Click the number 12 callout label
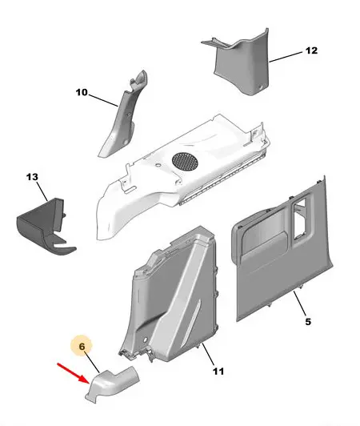pyautogui.click(x=311, y=50)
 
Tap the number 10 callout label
pyautogui.click(x=82, y=92)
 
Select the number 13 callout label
pyautogui.click(x=32, y=177)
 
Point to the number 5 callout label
pyautogui.click(x=308, y=322)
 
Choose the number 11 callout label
pyautogui.click(x=218, y=371)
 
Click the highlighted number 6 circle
pyautogui.click(x=82, y=347)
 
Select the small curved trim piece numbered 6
pyautogui.click(x=112, y=383)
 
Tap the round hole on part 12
pyautogui.click(x=261, y=87)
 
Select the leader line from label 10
pyautogui.click(x=103, y=100)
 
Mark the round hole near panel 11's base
pyautogui.click(x=145, y=340)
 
